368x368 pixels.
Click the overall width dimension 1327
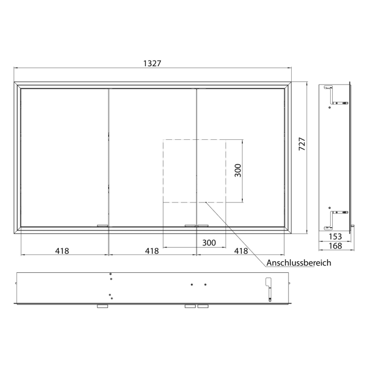click(152, 63)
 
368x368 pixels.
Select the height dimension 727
click(302, 144)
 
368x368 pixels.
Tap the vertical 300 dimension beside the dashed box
click(238, 170)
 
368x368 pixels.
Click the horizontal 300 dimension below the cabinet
click(209, 242)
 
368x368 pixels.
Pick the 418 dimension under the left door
click(62, 251)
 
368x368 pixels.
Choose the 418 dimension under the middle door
click(151, 251)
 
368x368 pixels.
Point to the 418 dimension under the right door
click(241, 251)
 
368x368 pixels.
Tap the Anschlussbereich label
click(299, 263)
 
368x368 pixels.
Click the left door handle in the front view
click(103, 226)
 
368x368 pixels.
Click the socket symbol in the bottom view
click(269, 289)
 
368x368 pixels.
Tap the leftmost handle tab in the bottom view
click(103, 306)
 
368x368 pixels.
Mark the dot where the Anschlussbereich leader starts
click(207, 202)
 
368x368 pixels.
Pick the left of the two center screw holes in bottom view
click(192, 284)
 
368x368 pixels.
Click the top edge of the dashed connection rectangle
click(195, 139)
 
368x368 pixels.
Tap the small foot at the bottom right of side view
click(353, 227)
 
